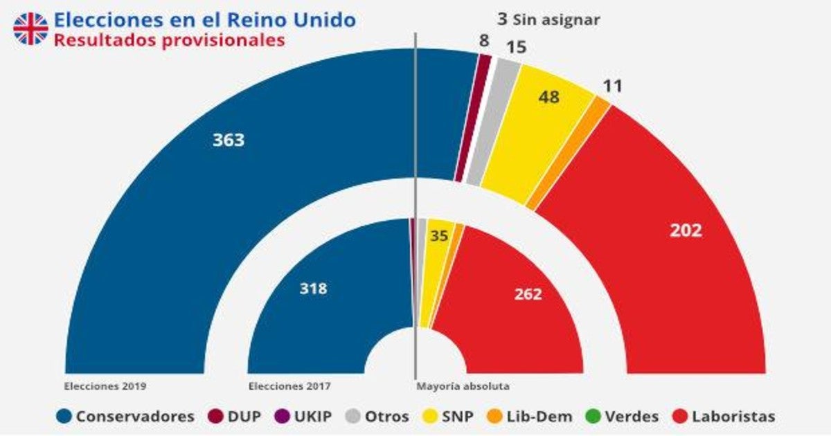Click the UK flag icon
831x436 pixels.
31,28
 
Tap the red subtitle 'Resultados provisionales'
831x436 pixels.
169,40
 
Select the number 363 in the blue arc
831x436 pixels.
229,140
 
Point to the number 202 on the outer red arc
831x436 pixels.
686,230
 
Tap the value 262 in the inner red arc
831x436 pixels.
528,293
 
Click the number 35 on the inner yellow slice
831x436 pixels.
438,236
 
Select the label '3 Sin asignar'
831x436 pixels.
548,19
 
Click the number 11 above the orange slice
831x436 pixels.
613,87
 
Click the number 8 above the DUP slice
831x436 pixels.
485,41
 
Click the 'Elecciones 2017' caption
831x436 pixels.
289,385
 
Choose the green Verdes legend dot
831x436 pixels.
592,417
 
